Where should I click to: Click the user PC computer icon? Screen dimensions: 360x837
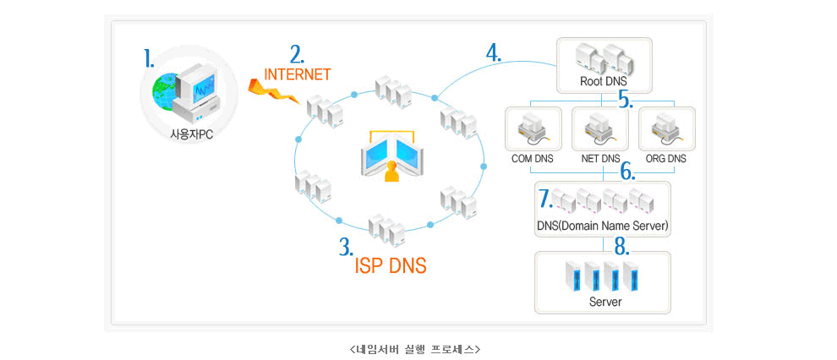[x=185, y=94]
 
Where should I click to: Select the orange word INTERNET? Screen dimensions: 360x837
[x=297, y=74]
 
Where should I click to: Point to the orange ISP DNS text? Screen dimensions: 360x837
[x=390, y=265]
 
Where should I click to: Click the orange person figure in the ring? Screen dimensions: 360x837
[x=391, y=172]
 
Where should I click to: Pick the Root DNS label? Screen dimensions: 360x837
[x=603, y=82]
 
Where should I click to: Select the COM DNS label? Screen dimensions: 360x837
[x=533, y=158]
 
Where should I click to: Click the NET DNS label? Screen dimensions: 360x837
[x=601, y=158]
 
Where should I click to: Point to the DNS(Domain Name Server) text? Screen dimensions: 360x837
[x=603, y=226]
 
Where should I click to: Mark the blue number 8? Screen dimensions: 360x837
[x=621, y=248]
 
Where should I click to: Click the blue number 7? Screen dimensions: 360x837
[x=545, y=199]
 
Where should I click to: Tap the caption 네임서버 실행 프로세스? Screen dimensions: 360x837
[x=414, y=348]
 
